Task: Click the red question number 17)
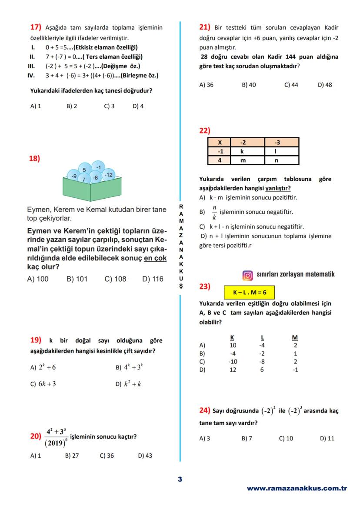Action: coord(35,27)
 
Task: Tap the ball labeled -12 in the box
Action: coord(108,175)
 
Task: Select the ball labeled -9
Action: coord(74,176)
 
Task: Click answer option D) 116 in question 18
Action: coord(153,279)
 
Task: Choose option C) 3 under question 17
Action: coord(109,106)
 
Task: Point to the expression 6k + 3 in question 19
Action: coord(47,384)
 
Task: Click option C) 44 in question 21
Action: coord(291,85)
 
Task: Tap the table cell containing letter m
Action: coord(243,160)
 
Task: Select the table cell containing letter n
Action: coord(276,160)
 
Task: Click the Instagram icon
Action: coord(247,275)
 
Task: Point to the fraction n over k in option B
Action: coord(214,212)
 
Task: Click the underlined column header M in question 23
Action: coord(295,338)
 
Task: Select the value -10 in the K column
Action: coord(233,362)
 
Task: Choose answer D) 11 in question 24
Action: coord(327,438)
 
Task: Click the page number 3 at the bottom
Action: coord(180,479)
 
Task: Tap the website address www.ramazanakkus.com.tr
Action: coord(297,488)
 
